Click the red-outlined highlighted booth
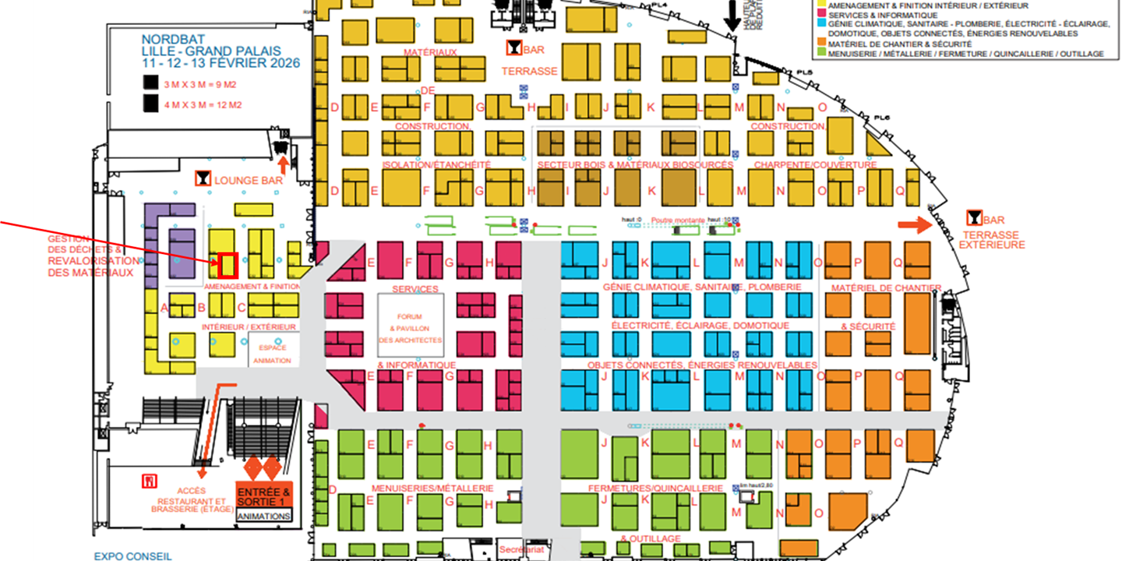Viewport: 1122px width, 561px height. pos(228,266)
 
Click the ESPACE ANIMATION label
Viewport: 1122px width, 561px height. pos(273,354)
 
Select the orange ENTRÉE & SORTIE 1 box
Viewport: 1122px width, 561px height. pos(263,496)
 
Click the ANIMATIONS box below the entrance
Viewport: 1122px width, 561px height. pos(263,516)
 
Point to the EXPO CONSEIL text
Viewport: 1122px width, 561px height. pos(132,556)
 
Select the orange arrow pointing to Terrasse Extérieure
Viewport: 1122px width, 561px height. pos(915,225)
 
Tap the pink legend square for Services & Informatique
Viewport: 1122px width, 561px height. pos(820,15)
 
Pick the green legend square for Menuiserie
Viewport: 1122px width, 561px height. pos(820,54)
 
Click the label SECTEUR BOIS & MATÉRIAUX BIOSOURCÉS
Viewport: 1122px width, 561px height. pos(635,165)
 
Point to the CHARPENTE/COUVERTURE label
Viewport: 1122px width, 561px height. pos(815,165)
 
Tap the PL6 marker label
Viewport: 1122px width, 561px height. pos(881,118)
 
